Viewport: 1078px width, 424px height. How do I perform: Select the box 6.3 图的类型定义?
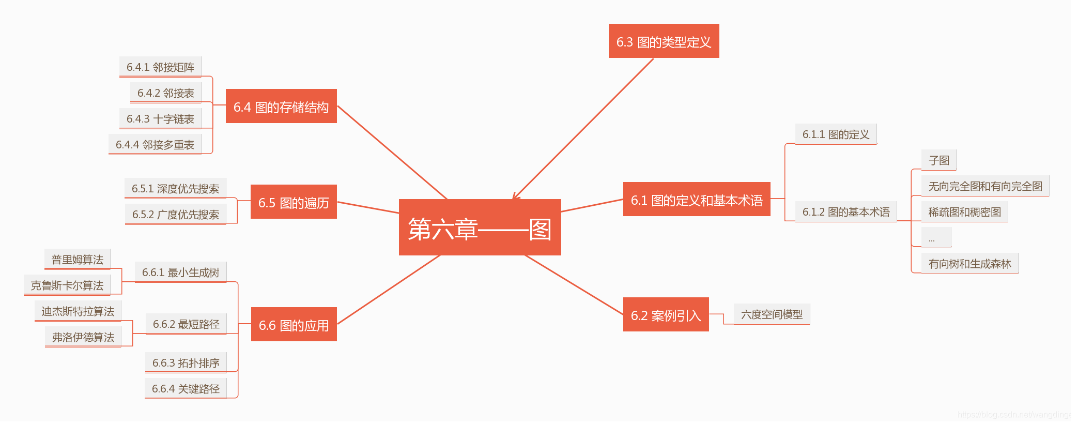[664, 41]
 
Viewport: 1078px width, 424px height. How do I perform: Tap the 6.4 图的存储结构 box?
[281, 107]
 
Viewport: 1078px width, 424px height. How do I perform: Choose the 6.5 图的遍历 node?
[294, 202]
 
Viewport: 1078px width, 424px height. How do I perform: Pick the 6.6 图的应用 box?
[294, 325]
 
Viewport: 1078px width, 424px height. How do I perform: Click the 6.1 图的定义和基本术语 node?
[696, 200]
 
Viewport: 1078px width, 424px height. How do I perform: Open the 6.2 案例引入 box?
[666, 315]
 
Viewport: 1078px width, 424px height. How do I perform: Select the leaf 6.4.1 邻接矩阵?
[160, 67]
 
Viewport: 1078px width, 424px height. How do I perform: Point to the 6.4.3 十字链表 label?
[160, 118]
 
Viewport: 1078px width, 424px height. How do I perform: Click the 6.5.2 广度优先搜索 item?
[176, 214]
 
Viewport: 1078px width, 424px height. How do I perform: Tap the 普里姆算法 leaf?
[78, 259]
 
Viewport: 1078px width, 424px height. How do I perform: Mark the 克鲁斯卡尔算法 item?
[67, 285]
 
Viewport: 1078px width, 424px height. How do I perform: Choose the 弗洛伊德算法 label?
[83, 337]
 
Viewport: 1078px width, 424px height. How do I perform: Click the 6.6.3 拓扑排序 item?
[186, 362]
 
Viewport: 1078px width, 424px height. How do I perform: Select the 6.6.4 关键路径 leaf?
[186, 388]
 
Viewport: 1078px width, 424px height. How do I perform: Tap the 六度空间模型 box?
[772, 314]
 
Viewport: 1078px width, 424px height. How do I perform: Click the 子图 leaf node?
[938, 160]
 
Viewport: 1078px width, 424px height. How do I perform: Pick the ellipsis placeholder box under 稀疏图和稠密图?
[936, 238]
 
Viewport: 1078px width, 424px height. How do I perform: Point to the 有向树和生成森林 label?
[969, 263]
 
